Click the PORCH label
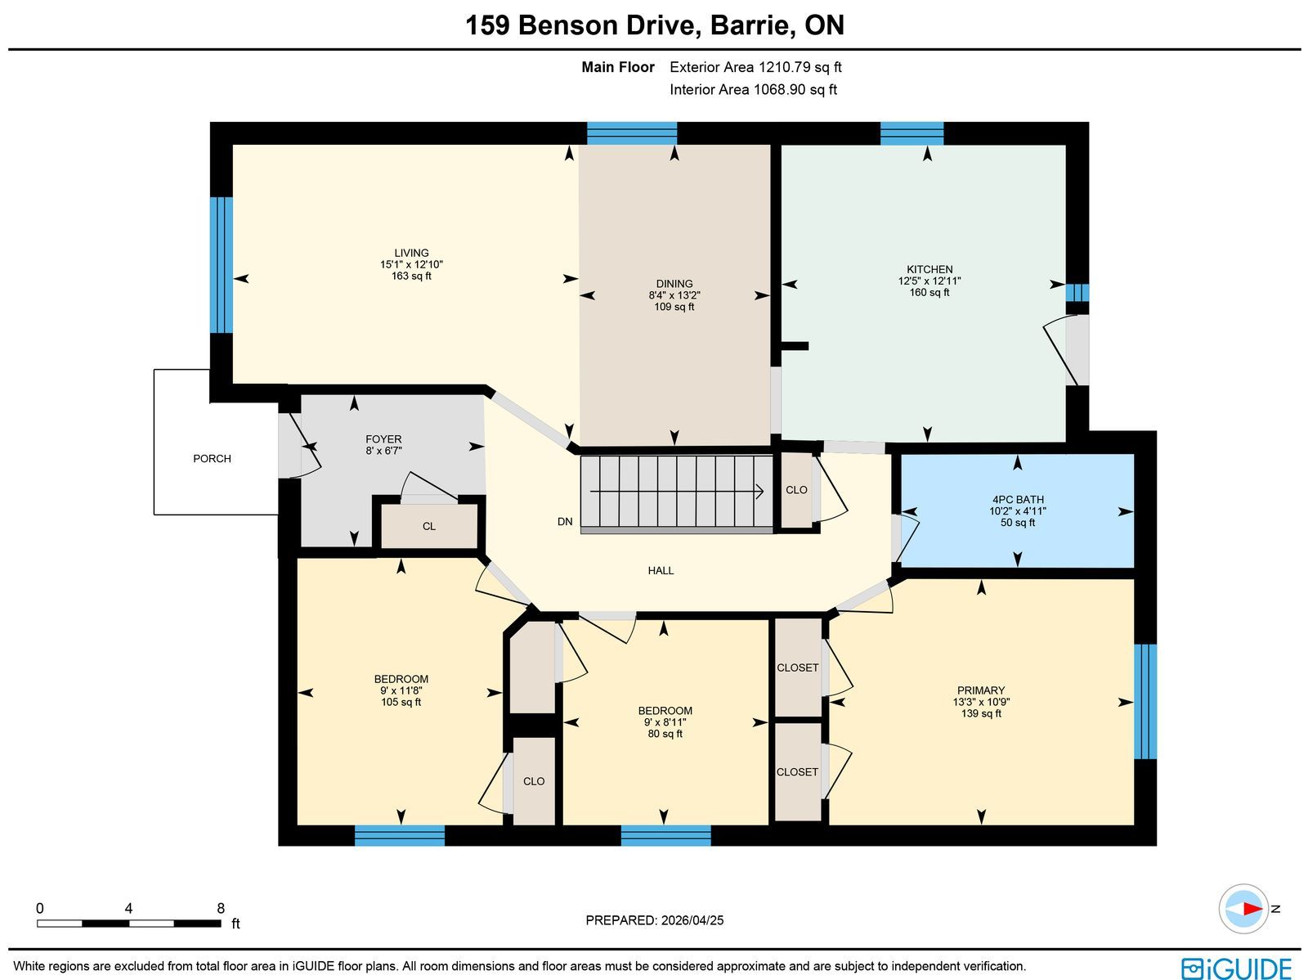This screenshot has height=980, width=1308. tap(212, 458)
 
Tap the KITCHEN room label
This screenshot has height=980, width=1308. tap(929, 269)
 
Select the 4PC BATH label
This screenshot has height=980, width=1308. tap(1018, 500)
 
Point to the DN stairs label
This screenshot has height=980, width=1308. tap(565, 522)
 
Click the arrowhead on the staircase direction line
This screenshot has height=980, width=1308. tap(759, 491)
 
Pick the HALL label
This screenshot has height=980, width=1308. tap(661, 570)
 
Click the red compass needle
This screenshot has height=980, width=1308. tap(1252, 909)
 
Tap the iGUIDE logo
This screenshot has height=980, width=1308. tap(1236, 968)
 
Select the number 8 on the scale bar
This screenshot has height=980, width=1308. tap(221, 909)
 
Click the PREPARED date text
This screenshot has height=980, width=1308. tap(654, 920)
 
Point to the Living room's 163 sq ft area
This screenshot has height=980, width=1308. tap(411, 276)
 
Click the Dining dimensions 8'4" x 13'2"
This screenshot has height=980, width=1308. tap(674, 295)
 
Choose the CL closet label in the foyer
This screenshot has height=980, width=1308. tap(429, 526)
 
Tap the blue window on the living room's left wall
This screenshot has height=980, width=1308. tap(221, 265)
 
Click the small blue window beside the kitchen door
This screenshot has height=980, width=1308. tap(1077, 293)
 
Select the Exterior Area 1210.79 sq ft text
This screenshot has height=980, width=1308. tap(755, 67)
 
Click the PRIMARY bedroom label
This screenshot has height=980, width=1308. tap(981, 690)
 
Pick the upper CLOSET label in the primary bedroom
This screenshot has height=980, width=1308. tap(797, 668)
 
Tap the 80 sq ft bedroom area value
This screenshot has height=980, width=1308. tap(665, 734)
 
